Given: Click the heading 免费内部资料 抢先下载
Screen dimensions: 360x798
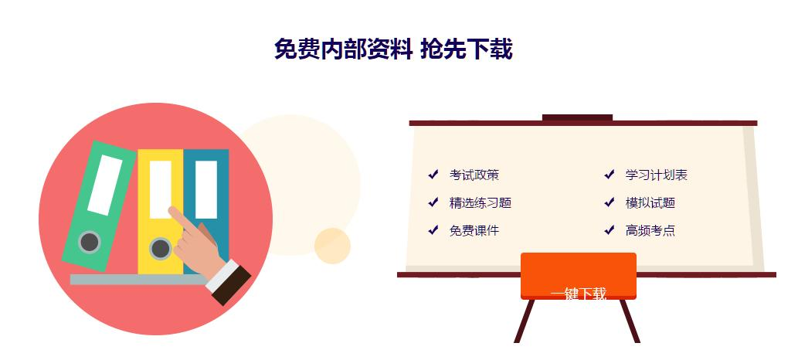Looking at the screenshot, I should tap(392, 49).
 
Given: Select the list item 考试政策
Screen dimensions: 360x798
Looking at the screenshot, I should tap(474, 175).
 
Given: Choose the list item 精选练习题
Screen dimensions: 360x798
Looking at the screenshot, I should tap(480, 203).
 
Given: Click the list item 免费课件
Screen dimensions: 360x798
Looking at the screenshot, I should tap(474, 231).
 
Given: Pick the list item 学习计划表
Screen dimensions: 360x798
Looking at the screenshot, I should tap(656, 175).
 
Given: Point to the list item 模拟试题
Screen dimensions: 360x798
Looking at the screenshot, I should tap(650, 203).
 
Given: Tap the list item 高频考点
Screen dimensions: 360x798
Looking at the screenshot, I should tap(650, 231).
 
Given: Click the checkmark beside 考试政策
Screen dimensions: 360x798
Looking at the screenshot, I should tap(433, 175).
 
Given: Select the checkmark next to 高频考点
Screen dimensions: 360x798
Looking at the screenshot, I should tap(610, 230).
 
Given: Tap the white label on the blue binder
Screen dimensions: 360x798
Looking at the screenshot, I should tap(205, 189).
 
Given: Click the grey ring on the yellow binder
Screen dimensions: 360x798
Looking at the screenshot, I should tap(160, 249).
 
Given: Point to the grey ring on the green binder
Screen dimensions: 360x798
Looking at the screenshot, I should tap(90, 242).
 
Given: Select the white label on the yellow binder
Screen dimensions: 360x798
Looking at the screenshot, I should tap(160, 189).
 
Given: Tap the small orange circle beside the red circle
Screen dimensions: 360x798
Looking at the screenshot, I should tap(332, 246).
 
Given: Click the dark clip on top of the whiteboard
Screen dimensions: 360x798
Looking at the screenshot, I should tap(577, 117).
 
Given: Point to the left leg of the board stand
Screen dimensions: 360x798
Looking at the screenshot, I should tap(525, 321).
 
